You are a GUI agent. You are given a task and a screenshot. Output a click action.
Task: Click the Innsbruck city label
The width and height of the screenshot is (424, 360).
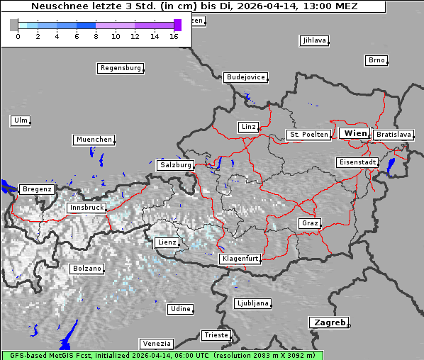[86, 208]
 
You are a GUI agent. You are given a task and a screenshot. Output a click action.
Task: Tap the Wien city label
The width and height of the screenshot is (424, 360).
[355, 134]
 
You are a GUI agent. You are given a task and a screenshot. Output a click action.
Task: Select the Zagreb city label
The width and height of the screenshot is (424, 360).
[328, 323]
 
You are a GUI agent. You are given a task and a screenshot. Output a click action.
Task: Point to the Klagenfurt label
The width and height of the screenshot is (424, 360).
[239, 259]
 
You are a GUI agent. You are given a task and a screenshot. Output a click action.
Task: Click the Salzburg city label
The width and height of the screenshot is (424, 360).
[175, 165]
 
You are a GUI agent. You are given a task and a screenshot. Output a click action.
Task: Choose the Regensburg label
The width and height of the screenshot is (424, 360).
[120, 69]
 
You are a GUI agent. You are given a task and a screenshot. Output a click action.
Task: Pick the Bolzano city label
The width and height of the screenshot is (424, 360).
[87, 269]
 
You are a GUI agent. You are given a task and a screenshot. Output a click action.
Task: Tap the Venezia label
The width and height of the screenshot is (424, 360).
[155, 344]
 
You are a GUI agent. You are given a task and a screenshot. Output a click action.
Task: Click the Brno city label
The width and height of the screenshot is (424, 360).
[376, 60]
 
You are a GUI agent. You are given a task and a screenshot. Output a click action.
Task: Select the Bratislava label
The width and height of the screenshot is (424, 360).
[394, 135]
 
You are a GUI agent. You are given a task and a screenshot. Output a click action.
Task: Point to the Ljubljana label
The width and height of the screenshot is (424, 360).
[252, 303]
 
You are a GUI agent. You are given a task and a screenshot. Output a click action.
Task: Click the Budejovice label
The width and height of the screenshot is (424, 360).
[245, 77]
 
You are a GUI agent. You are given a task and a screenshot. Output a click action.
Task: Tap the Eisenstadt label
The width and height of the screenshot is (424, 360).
[357, 163]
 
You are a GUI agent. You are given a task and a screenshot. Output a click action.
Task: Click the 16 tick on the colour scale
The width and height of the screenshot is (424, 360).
[174, 36]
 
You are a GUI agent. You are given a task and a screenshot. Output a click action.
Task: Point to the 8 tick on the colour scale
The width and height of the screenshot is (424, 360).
[96, 36]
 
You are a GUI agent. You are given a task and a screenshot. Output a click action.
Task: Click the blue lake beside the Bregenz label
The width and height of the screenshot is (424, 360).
[7, 187]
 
